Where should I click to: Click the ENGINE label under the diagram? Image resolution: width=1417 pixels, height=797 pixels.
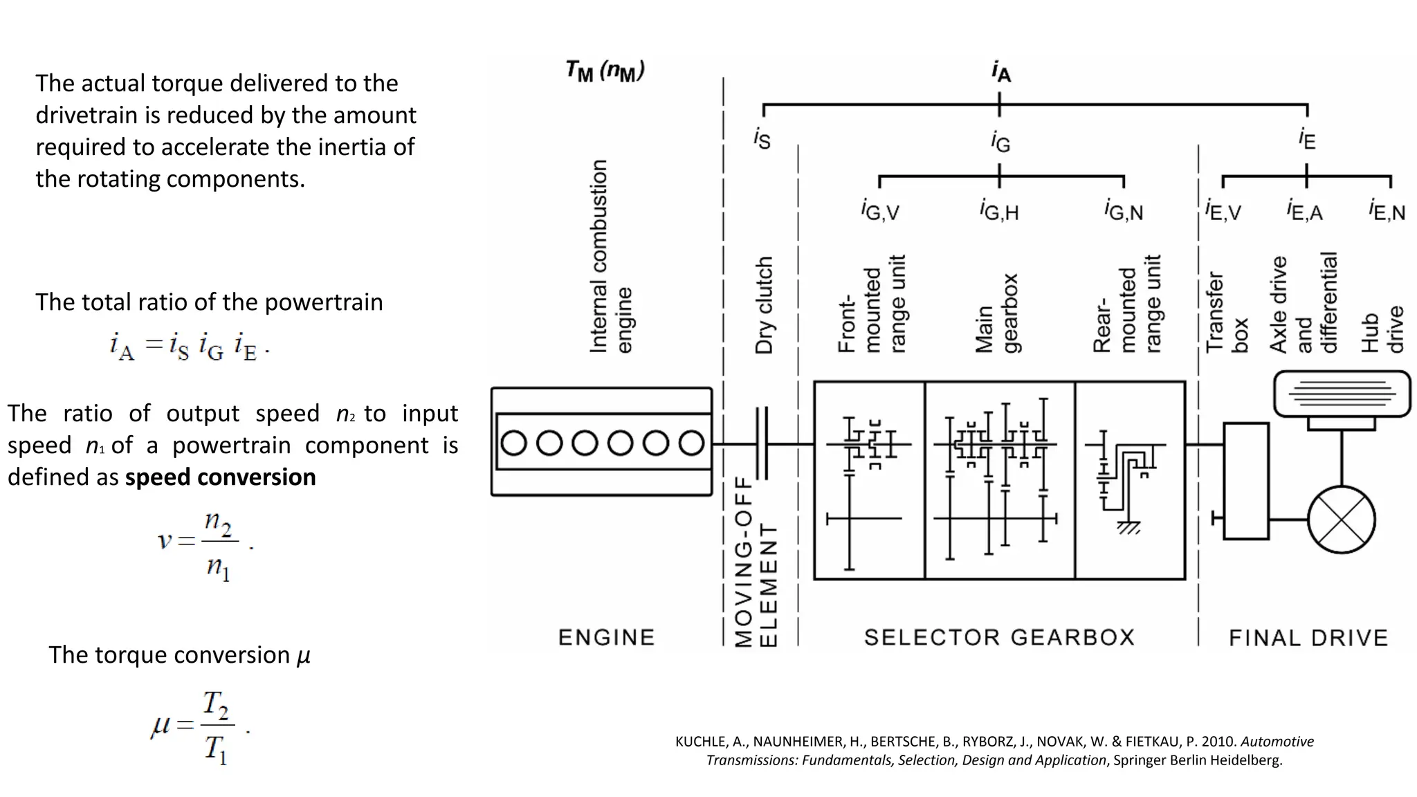pos(606,637)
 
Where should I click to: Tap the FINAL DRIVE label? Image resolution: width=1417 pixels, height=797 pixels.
pos(1308,638)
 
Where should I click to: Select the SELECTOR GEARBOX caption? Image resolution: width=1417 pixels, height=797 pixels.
pos(999,637)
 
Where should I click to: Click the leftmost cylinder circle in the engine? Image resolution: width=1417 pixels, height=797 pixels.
pos(513,443)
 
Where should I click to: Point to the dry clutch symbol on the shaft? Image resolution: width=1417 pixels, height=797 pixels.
pos(762,443)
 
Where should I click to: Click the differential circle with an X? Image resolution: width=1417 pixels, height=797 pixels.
pos(1341,520)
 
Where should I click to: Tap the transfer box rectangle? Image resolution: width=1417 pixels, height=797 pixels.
pos(1245,481)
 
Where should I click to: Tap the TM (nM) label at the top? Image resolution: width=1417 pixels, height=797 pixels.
pos(605,71)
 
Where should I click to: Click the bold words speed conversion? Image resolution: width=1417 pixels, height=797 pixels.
pos(220,477)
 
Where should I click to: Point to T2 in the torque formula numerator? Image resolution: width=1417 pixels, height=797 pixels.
pos(216,705)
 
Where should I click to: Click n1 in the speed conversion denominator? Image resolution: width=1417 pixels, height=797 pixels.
pos(218,568)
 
